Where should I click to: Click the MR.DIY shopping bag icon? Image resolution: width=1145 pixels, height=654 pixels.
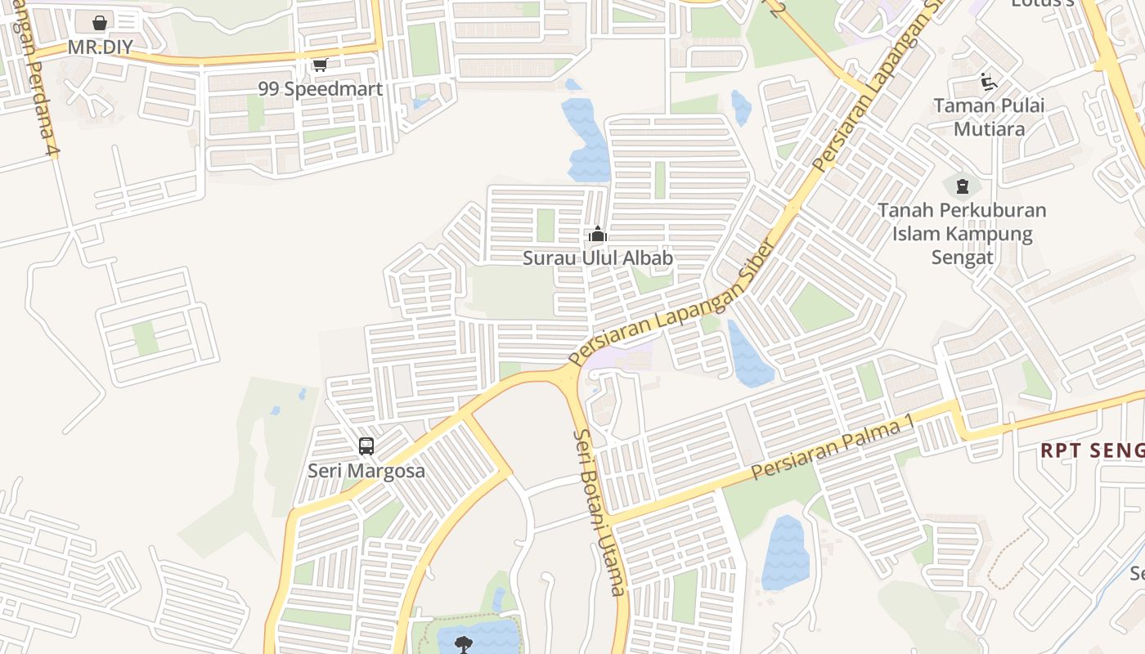99,23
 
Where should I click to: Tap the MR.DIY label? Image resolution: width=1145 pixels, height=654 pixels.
100,47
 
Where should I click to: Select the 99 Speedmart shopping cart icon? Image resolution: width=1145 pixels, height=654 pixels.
320,65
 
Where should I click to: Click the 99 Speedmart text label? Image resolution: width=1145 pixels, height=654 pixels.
321,88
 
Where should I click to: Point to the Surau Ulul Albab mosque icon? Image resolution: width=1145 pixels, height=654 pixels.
598,235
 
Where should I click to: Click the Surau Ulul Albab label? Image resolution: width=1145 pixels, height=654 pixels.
598,258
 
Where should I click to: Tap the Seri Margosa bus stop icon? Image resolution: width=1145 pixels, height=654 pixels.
366,446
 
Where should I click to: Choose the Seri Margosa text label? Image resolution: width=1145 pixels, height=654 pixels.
366,471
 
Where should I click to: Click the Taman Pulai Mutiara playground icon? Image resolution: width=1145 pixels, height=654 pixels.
988,82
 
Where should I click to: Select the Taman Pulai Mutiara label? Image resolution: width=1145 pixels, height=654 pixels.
988,117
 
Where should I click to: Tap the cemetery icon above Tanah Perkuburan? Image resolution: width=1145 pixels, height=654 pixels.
962,186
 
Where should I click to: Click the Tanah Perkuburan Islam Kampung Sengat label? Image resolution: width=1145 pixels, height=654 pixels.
962,234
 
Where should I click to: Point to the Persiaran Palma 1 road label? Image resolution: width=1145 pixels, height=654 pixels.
831,449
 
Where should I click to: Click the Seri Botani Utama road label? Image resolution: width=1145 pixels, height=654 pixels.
599,513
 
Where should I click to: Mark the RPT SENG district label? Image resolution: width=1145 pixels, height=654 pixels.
1091,450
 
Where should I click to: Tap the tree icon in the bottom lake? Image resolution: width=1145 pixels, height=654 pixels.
464,643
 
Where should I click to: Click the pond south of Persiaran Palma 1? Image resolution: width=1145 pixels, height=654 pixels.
784,553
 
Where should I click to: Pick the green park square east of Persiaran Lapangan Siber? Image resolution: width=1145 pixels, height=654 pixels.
819,307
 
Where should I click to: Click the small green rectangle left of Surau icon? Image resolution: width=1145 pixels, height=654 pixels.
546,226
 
